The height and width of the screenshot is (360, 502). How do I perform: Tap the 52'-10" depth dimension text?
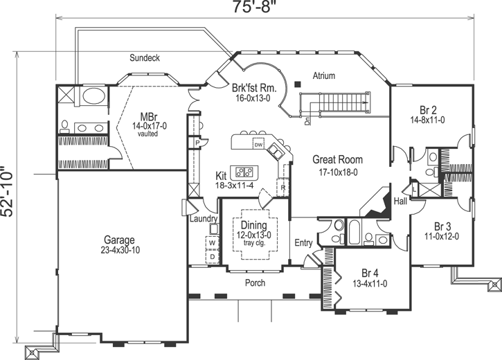(8, 191)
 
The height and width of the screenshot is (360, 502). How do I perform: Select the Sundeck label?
(145, 58)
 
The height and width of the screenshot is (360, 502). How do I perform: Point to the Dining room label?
(253, 225)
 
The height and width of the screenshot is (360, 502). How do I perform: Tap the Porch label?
(256, 283)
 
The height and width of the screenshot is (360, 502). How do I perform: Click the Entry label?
(303, 243)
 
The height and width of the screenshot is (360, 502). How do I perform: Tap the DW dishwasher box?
(258, 145)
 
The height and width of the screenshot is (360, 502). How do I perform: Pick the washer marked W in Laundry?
(212, 243)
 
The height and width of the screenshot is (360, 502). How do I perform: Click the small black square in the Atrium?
(297, 84)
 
